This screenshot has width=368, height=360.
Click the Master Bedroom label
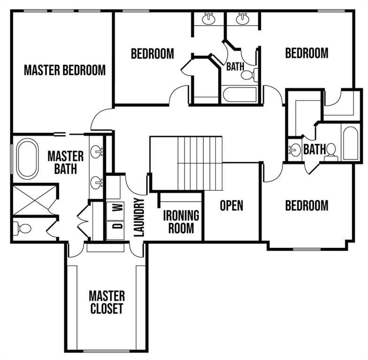click(65, 70)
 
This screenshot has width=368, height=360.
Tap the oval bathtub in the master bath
click(28, 158)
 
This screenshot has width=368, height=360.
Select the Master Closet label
click(107, 302)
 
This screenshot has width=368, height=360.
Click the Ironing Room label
click(181, 222)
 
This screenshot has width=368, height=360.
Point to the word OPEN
click(231, 205)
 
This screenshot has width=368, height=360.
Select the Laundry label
click(139, 217)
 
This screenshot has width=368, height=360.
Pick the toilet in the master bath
click(22, 229)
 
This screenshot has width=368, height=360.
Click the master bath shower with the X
click(35, 200)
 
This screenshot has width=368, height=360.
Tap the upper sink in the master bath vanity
click(97, 151)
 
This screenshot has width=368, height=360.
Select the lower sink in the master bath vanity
click(97, 182)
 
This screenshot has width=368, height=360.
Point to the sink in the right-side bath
click(294, 150)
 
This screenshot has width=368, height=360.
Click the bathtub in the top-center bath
click(239, 94)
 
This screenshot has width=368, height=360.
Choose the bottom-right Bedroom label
click(307, 205)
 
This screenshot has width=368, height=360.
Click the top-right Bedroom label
click(307, 53)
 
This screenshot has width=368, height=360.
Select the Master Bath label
click(65, 162)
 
